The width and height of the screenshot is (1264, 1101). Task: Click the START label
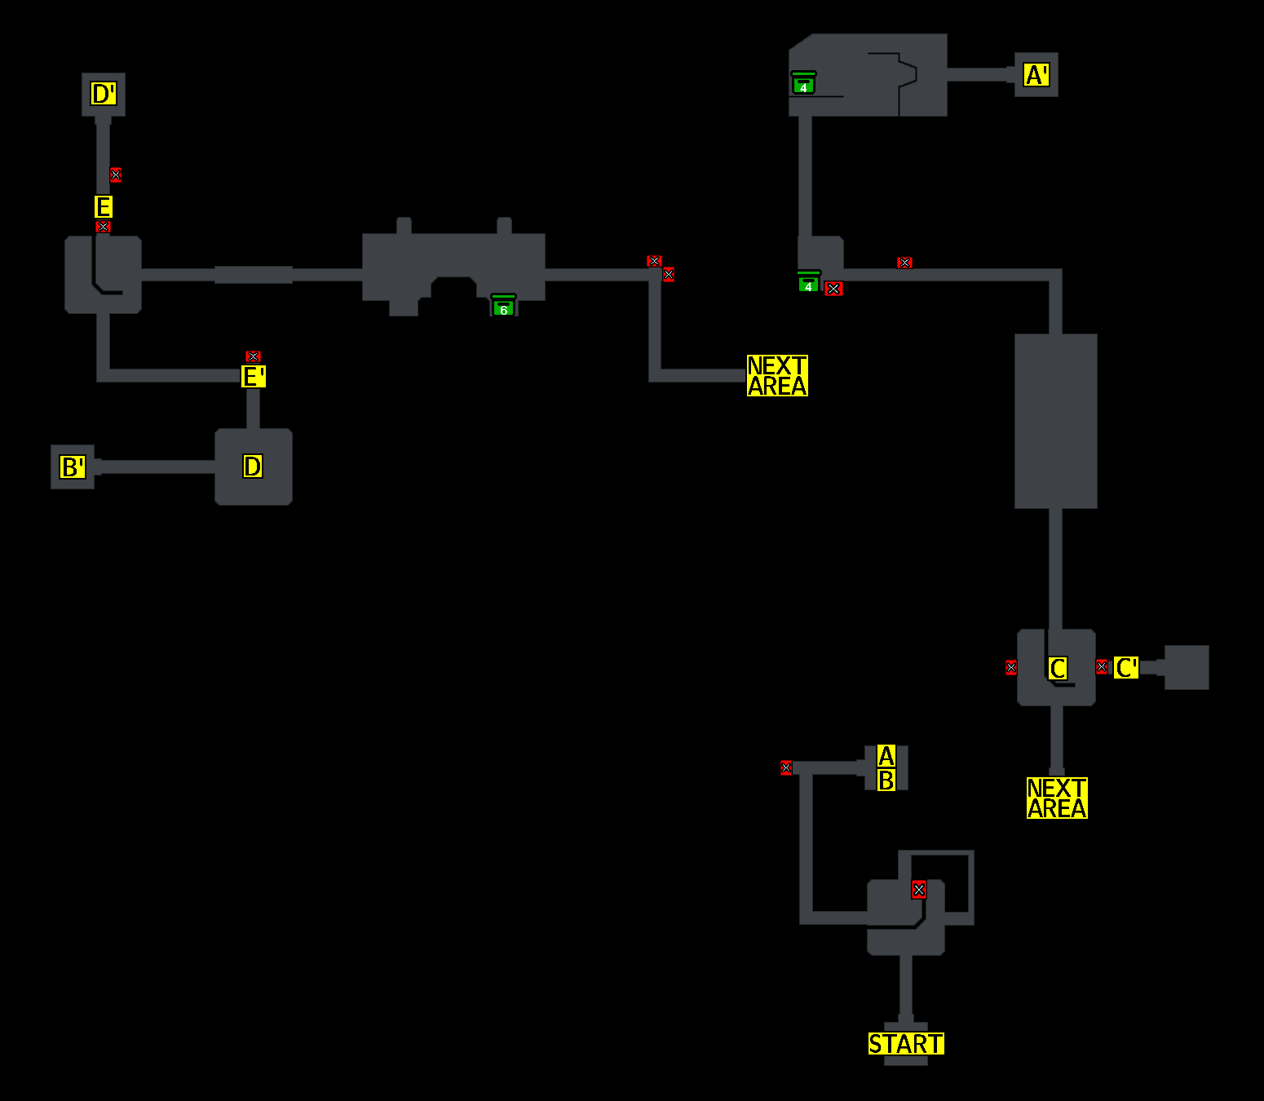point(906,1044)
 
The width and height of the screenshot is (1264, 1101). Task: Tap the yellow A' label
point(1036,75)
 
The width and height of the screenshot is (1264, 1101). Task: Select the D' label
point(104,94)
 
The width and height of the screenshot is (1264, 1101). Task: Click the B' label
point(73,467)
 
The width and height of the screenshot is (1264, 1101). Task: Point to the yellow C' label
point(1126,668)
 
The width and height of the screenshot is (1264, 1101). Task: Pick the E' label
point(254,377)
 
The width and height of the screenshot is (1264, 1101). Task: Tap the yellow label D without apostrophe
point(253,466)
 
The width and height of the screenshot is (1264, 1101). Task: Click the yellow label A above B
point(886,756)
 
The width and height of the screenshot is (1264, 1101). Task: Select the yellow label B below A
point(886,780)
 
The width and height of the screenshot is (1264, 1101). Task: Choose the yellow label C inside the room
point(1058,669)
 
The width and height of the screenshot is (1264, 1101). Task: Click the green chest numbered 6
point(503,306)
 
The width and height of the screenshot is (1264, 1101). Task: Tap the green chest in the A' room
point(803,83)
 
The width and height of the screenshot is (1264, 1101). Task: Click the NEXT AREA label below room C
point(1057,798)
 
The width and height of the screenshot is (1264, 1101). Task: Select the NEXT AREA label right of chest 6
point(777,376)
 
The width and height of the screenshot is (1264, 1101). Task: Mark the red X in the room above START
point(919,890)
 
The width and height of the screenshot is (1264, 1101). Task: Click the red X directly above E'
point(253,356)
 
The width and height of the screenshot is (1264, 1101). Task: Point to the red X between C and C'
point(1102,667)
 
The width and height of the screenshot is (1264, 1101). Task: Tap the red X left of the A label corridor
point(786,767)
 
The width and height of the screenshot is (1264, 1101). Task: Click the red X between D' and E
point(116,175)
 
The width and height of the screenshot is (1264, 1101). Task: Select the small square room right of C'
point(1187,667)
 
